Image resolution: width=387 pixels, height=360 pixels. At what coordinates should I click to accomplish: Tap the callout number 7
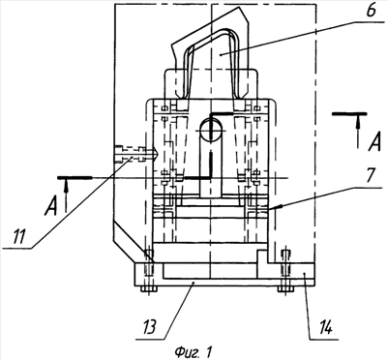pyautogui.click(x=370, y=175)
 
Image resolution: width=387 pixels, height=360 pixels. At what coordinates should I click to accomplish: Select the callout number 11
pyautogui.click(x=19, y=237)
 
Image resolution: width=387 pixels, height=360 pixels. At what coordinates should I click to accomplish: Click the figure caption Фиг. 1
pyautogui.click(x=193, y=351)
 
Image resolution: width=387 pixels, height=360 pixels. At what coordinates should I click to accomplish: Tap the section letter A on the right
pyautogui.click(x=374, y=142)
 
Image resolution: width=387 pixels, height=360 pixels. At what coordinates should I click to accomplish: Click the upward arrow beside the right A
pyautogui.click(x=357, y=132)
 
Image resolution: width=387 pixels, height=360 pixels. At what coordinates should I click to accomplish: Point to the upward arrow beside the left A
pyautogui.click(x=66, y=195)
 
